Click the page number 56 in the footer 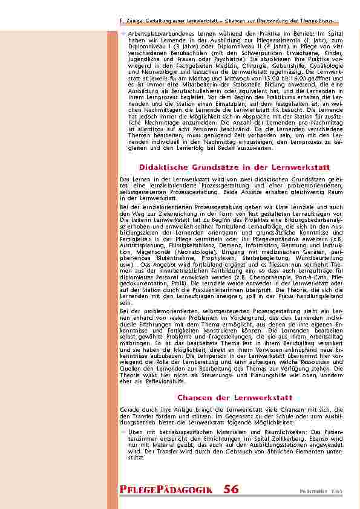[231, 490]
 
